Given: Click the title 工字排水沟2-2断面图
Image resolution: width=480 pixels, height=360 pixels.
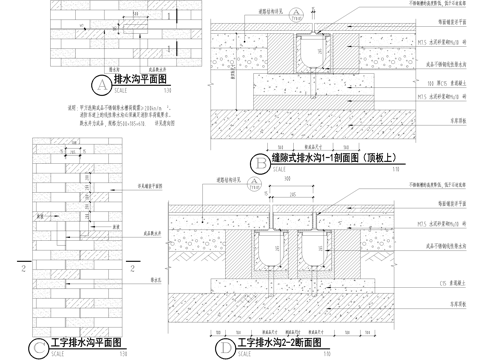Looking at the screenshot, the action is (279, 343).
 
